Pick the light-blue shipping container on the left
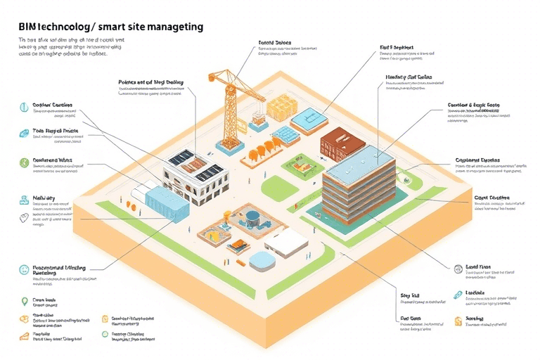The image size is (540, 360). (x=164, y=204)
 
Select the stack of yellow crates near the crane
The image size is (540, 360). (x=282, y=105)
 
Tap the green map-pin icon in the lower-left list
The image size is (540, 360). (x=25, y=302)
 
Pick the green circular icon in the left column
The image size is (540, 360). (x=25, y=162)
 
